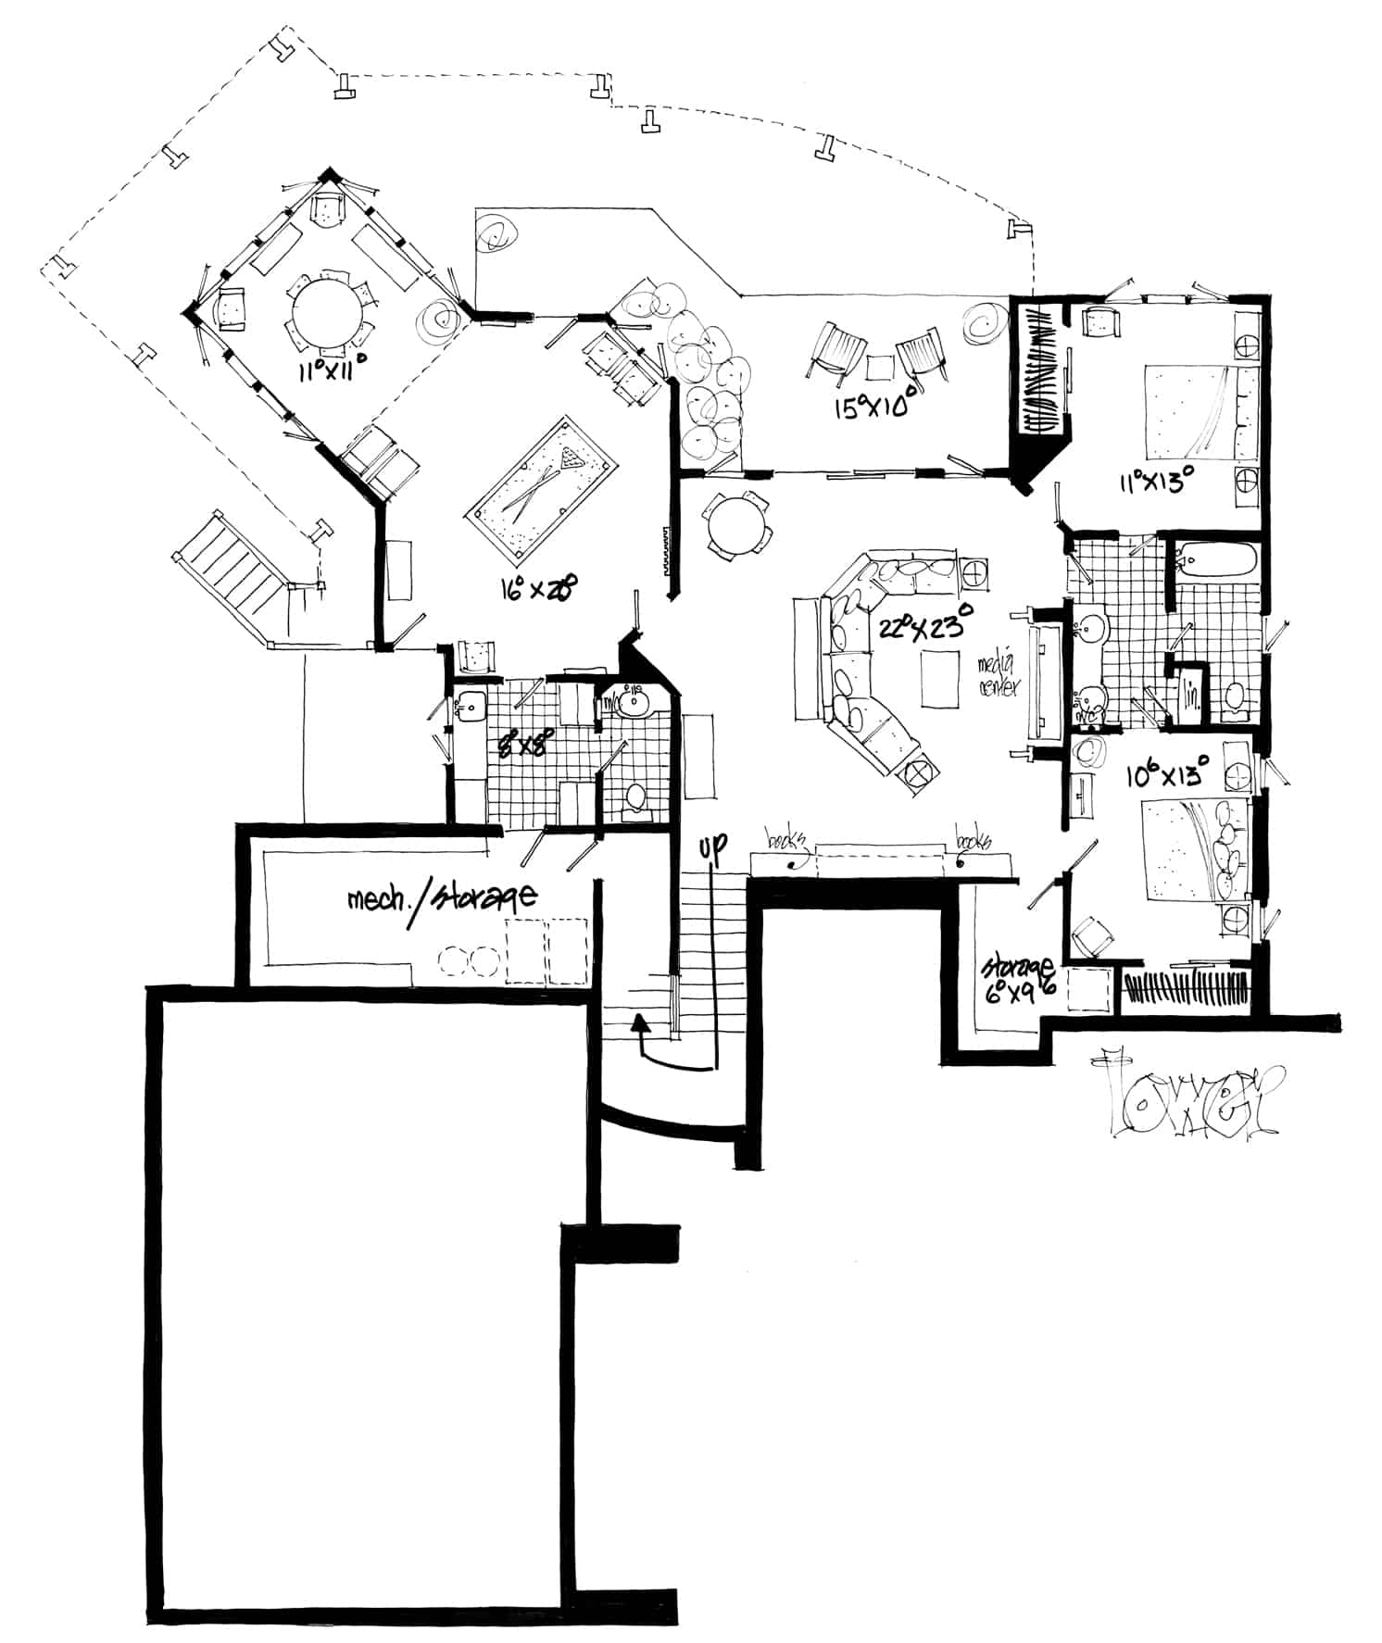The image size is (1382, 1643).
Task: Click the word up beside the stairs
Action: [713, 845]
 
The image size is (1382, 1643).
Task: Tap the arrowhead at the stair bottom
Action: [638, 1022]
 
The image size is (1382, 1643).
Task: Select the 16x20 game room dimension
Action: [547, 586]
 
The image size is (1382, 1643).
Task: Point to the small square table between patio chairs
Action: [879, 368]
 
